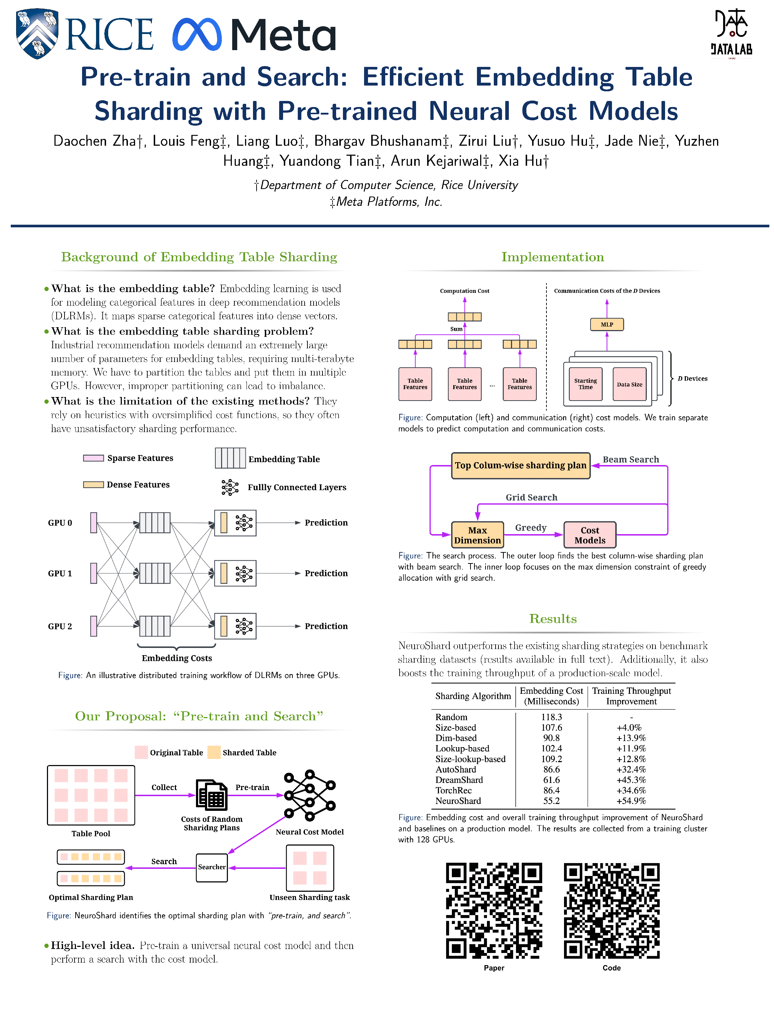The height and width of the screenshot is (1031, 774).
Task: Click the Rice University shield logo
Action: pos(37,34)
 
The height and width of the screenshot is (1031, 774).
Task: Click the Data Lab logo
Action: pos(731,33)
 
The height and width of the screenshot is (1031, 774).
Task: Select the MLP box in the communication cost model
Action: pos(607,324)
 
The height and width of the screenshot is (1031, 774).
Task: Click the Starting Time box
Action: pos(585,384)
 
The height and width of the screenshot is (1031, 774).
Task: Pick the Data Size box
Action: pos(629,384)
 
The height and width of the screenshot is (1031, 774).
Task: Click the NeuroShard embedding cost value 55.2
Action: pos(551,801)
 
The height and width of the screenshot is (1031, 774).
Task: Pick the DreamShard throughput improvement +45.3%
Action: pos(631,780)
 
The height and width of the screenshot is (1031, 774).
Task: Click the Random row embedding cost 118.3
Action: pos(551,717)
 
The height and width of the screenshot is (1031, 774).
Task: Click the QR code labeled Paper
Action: pos(494,910)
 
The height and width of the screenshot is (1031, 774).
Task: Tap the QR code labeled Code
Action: pos(611,910)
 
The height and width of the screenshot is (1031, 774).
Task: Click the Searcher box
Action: pos(211,867)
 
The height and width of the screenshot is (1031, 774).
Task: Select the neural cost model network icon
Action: pos(309,795)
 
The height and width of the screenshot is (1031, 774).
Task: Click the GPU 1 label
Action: pos(60,573)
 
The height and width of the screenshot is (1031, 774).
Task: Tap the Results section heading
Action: pos(553,619)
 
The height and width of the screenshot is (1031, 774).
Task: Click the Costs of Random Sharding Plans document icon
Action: pos(212,795)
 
